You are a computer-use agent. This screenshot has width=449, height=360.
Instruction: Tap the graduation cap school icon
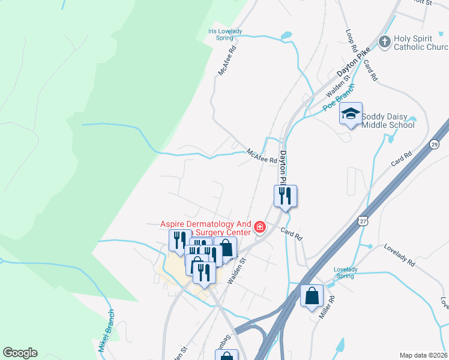(351, 113)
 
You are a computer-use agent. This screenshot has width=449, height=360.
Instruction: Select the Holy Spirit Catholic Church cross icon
(385, 42)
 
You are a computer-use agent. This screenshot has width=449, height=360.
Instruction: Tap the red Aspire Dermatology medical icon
(260, 227)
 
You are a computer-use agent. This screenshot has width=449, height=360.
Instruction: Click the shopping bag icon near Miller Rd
(312, 296)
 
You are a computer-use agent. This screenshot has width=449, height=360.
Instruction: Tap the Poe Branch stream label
(339, 97)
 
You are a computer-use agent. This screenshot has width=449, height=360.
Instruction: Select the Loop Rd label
(352, 40)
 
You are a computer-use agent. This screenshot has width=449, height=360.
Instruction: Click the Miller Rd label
(327, 307)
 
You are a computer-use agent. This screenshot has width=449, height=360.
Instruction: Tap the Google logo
(20, 353)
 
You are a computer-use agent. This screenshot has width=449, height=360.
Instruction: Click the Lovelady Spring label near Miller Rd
(346, 273)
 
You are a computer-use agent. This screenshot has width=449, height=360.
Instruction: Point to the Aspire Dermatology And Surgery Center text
(206, 228)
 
